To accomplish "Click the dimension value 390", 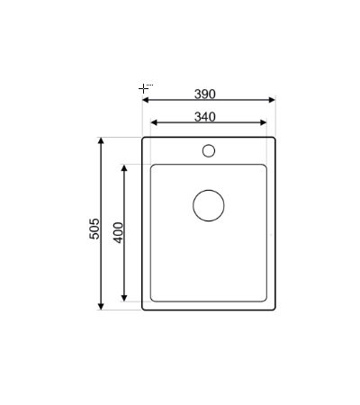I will pos(205,94).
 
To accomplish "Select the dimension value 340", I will pos(205,116).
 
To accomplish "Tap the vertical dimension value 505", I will pos(94,230).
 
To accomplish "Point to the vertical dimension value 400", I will pos(118,232).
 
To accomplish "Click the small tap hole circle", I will pos(209,149).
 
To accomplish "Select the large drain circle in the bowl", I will pos(209,204).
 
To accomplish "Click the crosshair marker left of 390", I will pos(143,88).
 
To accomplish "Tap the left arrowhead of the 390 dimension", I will pos(146,101).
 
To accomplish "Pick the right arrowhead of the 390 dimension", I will pos(271,101).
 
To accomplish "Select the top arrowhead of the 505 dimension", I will pos(102,142).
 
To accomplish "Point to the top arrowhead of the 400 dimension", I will pos(125,168).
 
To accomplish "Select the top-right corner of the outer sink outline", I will pos(274,139).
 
